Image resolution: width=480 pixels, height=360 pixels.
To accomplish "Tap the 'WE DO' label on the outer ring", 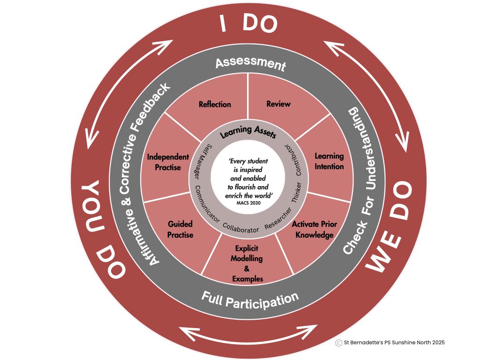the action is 389,226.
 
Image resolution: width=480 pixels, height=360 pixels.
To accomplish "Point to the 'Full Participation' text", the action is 250,300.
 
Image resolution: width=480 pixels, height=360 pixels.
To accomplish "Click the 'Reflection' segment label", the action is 215,105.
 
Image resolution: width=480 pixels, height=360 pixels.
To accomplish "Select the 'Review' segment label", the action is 278,104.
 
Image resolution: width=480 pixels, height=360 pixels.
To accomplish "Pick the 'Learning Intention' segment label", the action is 329,161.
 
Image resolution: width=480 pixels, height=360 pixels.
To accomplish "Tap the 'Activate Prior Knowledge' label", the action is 315,230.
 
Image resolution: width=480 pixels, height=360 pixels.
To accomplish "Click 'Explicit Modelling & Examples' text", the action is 247,263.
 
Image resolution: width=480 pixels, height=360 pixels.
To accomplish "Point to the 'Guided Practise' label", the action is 180,229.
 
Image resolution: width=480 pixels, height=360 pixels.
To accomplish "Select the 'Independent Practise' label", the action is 168,162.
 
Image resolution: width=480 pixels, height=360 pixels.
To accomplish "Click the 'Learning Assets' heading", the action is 248,132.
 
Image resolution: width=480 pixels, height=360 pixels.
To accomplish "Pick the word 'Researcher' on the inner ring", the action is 278,218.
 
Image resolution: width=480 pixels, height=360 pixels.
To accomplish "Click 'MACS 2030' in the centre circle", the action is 248,203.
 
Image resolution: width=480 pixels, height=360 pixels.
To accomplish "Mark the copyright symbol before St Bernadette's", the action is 338,343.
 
